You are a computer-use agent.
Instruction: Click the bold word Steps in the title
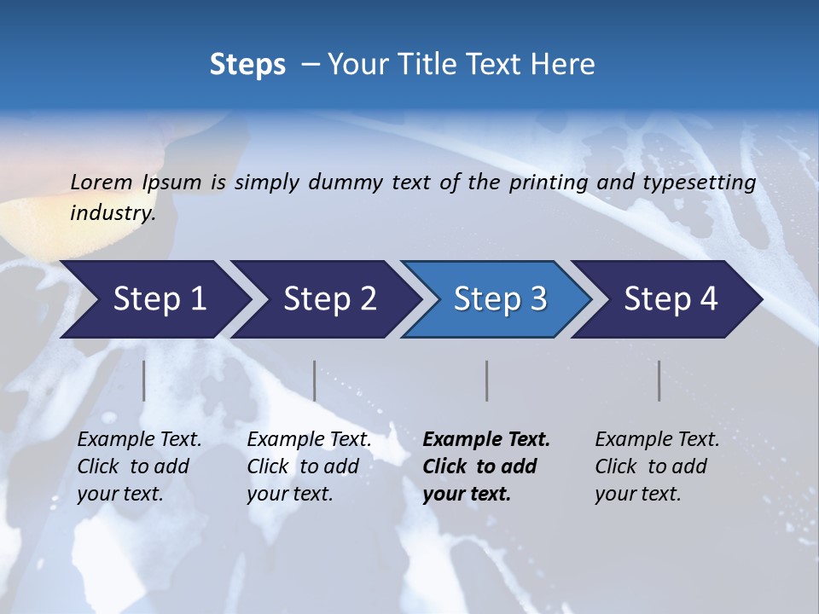247,65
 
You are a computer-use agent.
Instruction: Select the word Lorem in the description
102,182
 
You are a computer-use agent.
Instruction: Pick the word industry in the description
112,213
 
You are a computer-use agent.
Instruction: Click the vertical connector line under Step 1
144,380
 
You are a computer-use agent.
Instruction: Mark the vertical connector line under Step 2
315,380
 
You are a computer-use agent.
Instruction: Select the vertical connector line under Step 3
487,380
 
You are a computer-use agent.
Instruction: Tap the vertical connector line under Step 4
659,380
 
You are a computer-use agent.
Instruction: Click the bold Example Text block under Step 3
486,466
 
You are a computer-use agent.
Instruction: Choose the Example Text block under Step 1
139,466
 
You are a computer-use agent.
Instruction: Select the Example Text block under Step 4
657,466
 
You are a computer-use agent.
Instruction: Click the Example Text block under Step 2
309,466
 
